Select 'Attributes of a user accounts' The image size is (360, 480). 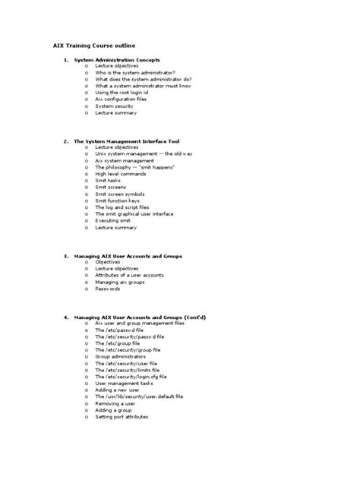coord(129,276)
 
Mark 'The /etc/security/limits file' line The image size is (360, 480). coord(127,370)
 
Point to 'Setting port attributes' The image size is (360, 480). coord(122,416)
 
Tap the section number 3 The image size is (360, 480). coord(66,256)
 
